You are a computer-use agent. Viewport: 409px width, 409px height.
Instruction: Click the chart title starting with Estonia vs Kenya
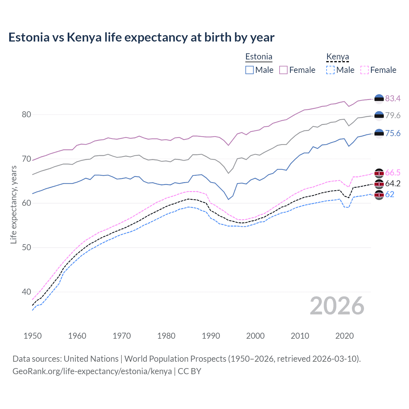click(141, 37)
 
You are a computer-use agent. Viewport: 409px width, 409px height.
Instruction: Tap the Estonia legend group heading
click(259, 57)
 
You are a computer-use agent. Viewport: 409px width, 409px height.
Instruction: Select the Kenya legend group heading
click(337, 57)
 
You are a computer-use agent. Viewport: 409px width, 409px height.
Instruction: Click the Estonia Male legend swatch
click(250, 70)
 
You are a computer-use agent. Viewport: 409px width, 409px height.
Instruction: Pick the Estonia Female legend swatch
click(283, 70)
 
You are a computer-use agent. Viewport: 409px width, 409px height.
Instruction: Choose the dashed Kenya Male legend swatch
click(330, 70)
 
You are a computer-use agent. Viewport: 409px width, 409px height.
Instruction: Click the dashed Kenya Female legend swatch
click(364, 70)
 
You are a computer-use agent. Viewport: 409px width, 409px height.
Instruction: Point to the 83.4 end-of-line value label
click(393, 98)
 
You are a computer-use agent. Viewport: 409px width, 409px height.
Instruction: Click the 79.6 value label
click(393, 115)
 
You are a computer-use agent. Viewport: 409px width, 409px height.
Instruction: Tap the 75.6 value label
click(393, 133)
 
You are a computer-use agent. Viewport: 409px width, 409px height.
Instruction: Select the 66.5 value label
click(393, 173)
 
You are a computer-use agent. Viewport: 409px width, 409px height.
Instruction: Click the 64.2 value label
click(393, 183)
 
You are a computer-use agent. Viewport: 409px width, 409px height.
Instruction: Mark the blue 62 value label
click(390, 194)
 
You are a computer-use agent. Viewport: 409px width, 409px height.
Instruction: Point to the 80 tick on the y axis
click(27, 114)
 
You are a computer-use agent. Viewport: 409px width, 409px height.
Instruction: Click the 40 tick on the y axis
click(27, 292)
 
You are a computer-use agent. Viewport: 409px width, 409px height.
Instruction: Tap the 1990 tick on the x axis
click(211, 336)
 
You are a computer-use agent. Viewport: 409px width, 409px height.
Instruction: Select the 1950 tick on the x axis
click(33, 336)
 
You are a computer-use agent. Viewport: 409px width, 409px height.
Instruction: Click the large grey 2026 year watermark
click(337, 306)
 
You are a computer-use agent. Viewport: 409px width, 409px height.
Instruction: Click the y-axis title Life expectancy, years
click(13, 204)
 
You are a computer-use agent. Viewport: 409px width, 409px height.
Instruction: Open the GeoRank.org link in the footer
click(92, 371)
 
